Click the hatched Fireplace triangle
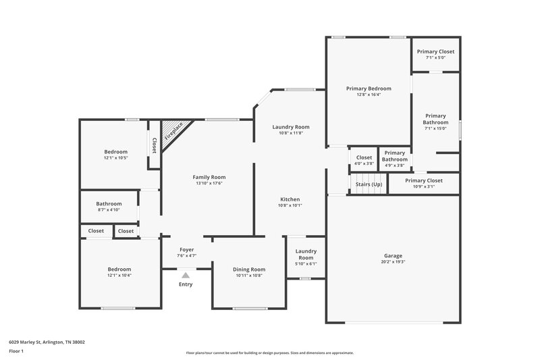click(x=173, y=130)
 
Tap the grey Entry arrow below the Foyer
click(x=185, y=274)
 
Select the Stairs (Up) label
click(x=369, y=184)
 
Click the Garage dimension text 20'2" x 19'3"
click(x=393, y=262)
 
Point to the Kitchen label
click(x=290, y=199)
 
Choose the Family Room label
click(x=209, y=177)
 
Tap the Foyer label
click(x=186, y=249)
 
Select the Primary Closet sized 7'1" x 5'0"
click(x=435, y=52)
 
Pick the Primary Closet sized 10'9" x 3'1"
click(x=424, y=180)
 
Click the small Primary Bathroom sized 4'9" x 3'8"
click(x=394, y=156)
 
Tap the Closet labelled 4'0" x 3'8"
click(x=364, y=157)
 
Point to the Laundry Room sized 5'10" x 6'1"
click(x=306, y=254)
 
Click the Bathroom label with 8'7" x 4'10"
click(x=109, y=204)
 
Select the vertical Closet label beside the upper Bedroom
click(x=154, y=145)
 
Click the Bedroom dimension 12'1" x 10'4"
click(x=119, y=275)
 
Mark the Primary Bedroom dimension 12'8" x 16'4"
click(x=369, y=95)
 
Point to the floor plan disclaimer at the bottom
click(x=269, y=353)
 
